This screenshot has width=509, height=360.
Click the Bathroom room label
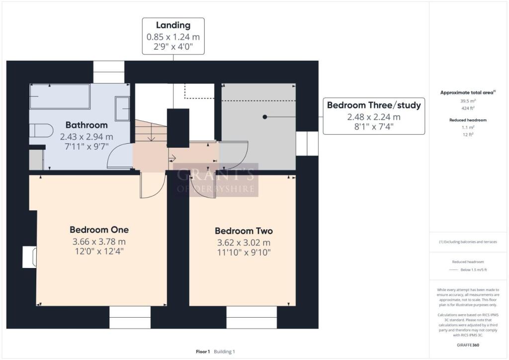86,125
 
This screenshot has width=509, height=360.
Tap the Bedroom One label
99,230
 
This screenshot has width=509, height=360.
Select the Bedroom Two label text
244,231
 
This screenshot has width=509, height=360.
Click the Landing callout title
173,25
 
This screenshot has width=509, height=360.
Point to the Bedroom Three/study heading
374,105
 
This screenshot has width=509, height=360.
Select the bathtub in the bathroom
60,96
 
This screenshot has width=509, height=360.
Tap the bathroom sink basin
122,108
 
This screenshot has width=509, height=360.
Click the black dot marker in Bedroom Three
265,117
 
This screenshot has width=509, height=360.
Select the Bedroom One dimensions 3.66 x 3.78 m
99,242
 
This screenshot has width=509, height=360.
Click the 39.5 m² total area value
468,101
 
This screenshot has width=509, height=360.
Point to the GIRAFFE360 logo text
468,345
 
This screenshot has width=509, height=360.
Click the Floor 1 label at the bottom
203,352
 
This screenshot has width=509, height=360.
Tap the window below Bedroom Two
252,317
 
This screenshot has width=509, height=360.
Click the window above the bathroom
109,72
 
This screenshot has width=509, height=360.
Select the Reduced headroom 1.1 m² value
468,128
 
